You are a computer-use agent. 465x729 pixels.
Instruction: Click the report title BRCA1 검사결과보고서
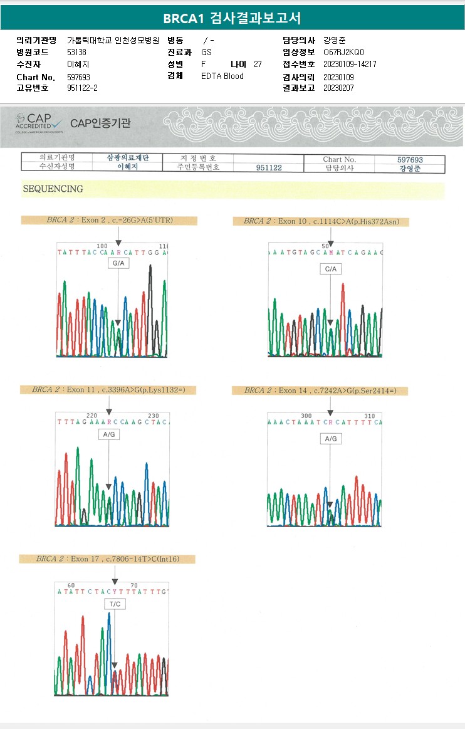(x=232, y=18)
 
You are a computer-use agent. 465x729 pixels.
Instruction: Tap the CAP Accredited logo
(x=39, y=122)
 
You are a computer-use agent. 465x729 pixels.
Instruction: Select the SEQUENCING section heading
(x=53, y=189)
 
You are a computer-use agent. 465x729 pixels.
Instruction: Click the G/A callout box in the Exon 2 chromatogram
(x=118, y=265)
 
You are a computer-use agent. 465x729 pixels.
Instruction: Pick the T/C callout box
(x=115, y=604)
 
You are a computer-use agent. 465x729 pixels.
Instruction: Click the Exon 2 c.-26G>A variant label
(x=109, y=220)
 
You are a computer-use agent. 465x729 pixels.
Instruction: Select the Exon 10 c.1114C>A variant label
(x=320, y=221)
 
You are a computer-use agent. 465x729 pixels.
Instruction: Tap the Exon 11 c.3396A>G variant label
(x=108, y=390)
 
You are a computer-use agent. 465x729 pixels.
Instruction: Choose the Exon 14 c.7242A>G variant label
(x=320, y=391)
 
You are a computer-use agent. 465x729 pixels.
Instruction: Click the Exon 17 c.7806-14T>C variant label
(x=107, y=559)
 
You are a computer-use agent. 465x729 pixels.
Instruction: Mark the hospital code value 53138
(x=76, y=52)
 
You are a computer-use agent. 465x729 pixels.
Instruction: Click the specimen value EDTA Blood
(x=222, y=76)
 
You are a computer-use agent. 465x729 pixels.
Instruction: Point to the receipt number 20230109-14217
(x=350, y=64)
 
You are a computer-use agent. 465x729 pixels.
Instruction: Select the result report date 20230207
(x=339, y=88)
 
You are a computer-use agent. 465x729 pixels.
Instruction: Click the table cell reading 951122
(x=269, y=168)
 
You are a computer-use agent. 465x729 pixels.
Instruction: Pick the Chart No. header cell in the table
(x=339, y=160)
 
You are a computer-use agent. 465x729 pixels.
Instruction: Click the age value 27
(x=258, y=64)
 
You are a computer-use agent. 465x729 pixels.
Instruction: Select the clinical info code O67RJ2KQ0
(x=343, y=52)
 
